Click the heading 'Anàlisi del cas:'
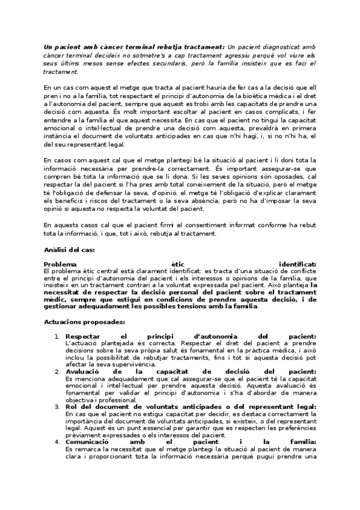(69, 249)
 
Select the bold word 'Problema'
(60, 264)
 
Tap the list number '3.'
(56, 407)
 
